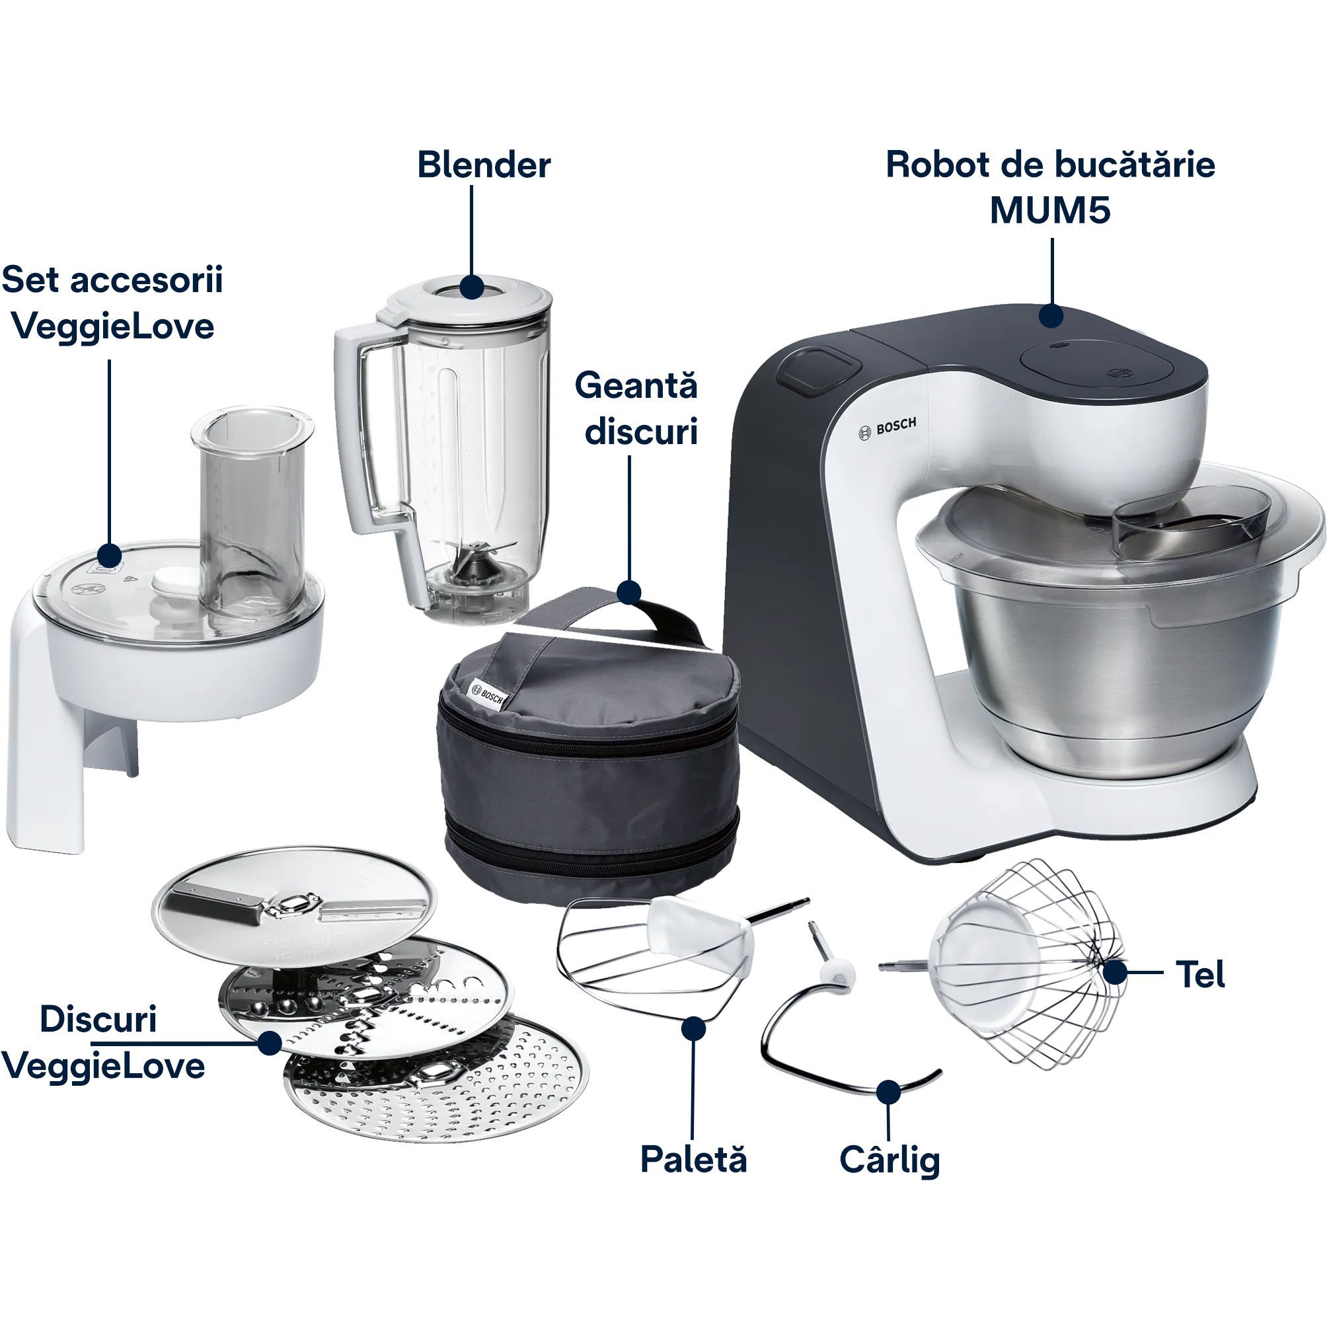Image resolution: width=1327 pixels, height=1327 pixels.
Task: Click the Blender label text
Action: [x=484, y=165]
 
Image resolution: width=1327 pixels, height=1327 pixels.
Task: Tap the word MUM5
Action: [x=1050, y=210]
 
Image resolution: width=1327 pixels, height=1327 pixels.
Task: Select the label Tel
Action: [x=1200, y=974]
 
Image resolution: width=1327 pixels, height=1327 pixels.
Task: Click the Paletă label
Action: [x=693, y=1159]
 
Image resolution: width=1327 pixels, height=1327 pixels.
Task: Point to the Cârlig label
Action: [x=890, y=1160]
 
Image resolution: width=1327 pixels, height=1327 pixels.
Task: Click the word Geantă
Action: [x=636, y=386]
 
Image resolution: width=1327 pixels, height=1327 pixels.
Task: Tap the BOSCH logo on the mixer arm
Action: [x=888, y=429]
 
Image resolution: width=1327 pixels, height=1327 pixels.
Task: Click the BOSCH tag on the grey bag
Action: [x=486, y=693]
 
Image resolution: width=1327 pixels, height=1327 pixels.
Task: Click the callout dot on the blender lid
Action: [x=471, y=287]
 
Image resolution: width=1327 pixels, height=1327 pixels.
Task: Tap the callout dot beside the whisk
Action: [x=1116, y=973]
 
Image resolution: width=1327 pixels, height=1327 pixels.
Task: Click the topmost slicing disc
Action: [x=294, y=907]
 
